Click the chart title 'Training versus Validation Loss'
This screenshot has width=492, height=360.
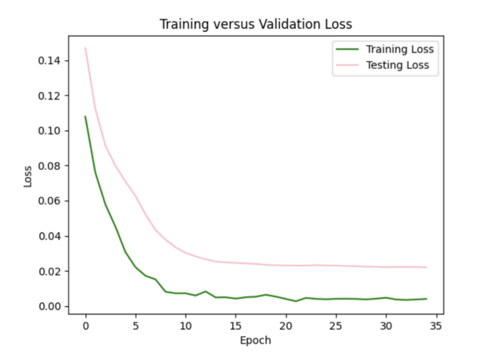click(256, 24)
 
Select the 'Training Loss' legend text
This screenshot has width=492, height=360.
click(400, 49)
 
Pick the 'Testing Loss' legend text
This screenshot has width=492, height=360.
click(397, 65)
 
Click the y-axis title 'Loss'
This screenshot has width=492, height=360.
click(28, 177)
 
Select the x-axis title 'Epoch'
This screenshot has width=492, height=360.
click(256, 340)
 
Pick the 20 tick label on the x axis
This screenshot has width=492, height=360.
click(285, 325)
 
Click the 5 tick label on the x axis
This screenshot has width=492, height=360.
click(135, 325)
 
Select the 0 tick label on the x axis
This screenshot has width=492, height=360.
click(85, 325)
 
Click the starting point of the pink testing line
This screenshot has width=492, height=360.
click(85, 48)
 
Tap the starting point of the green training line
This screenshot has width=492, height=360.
click(85, 117)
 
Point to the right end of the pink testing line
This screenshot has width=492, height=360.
click(426, 267)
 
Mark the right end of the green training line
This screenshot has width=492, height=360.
click(426, 299)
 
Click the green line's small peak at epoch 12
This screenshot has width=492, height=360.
click(205, 291)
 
